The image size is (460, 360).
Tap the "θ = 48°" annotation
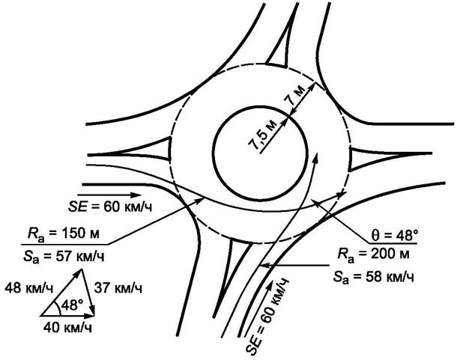click(x=389, y=234)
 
